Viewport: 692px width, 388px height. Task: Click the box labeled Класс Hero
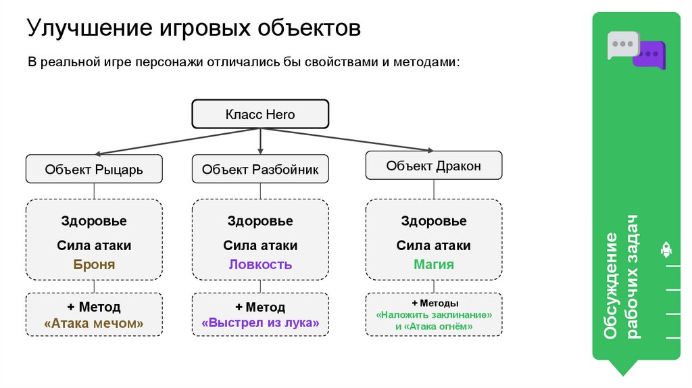(x=260, y=114)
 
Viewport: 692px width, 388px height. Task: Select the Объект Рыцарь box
(x=94, y=169)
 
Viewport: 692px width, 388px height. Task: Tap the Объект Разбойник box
(x=260, y=169)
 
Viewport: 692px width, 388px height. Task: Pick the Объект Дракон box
(x=433, y=166)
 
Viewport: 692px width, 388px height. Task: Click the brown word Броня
(x=94, y=264)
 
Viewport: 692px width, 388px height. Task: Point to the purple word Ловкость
(x=260, y=264)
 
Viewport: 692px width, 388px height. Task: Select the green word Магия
(x=433, y=264)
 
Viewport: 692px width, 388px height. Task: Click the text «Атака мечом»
(x=94, y=323)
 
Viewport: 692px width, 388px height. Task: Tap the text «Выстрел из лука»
(x=260, y=323)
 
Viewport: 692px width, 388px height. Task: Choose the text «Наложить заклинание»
(x=433, y=315)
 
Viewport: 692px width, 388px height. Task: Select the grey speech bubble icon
(x=621, y=44)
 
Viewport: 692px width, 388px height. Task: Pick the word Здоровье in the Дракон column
(x=433, y=221)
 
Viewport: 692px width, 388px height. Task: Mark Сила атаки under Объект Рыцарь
(x=94, y=245)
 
